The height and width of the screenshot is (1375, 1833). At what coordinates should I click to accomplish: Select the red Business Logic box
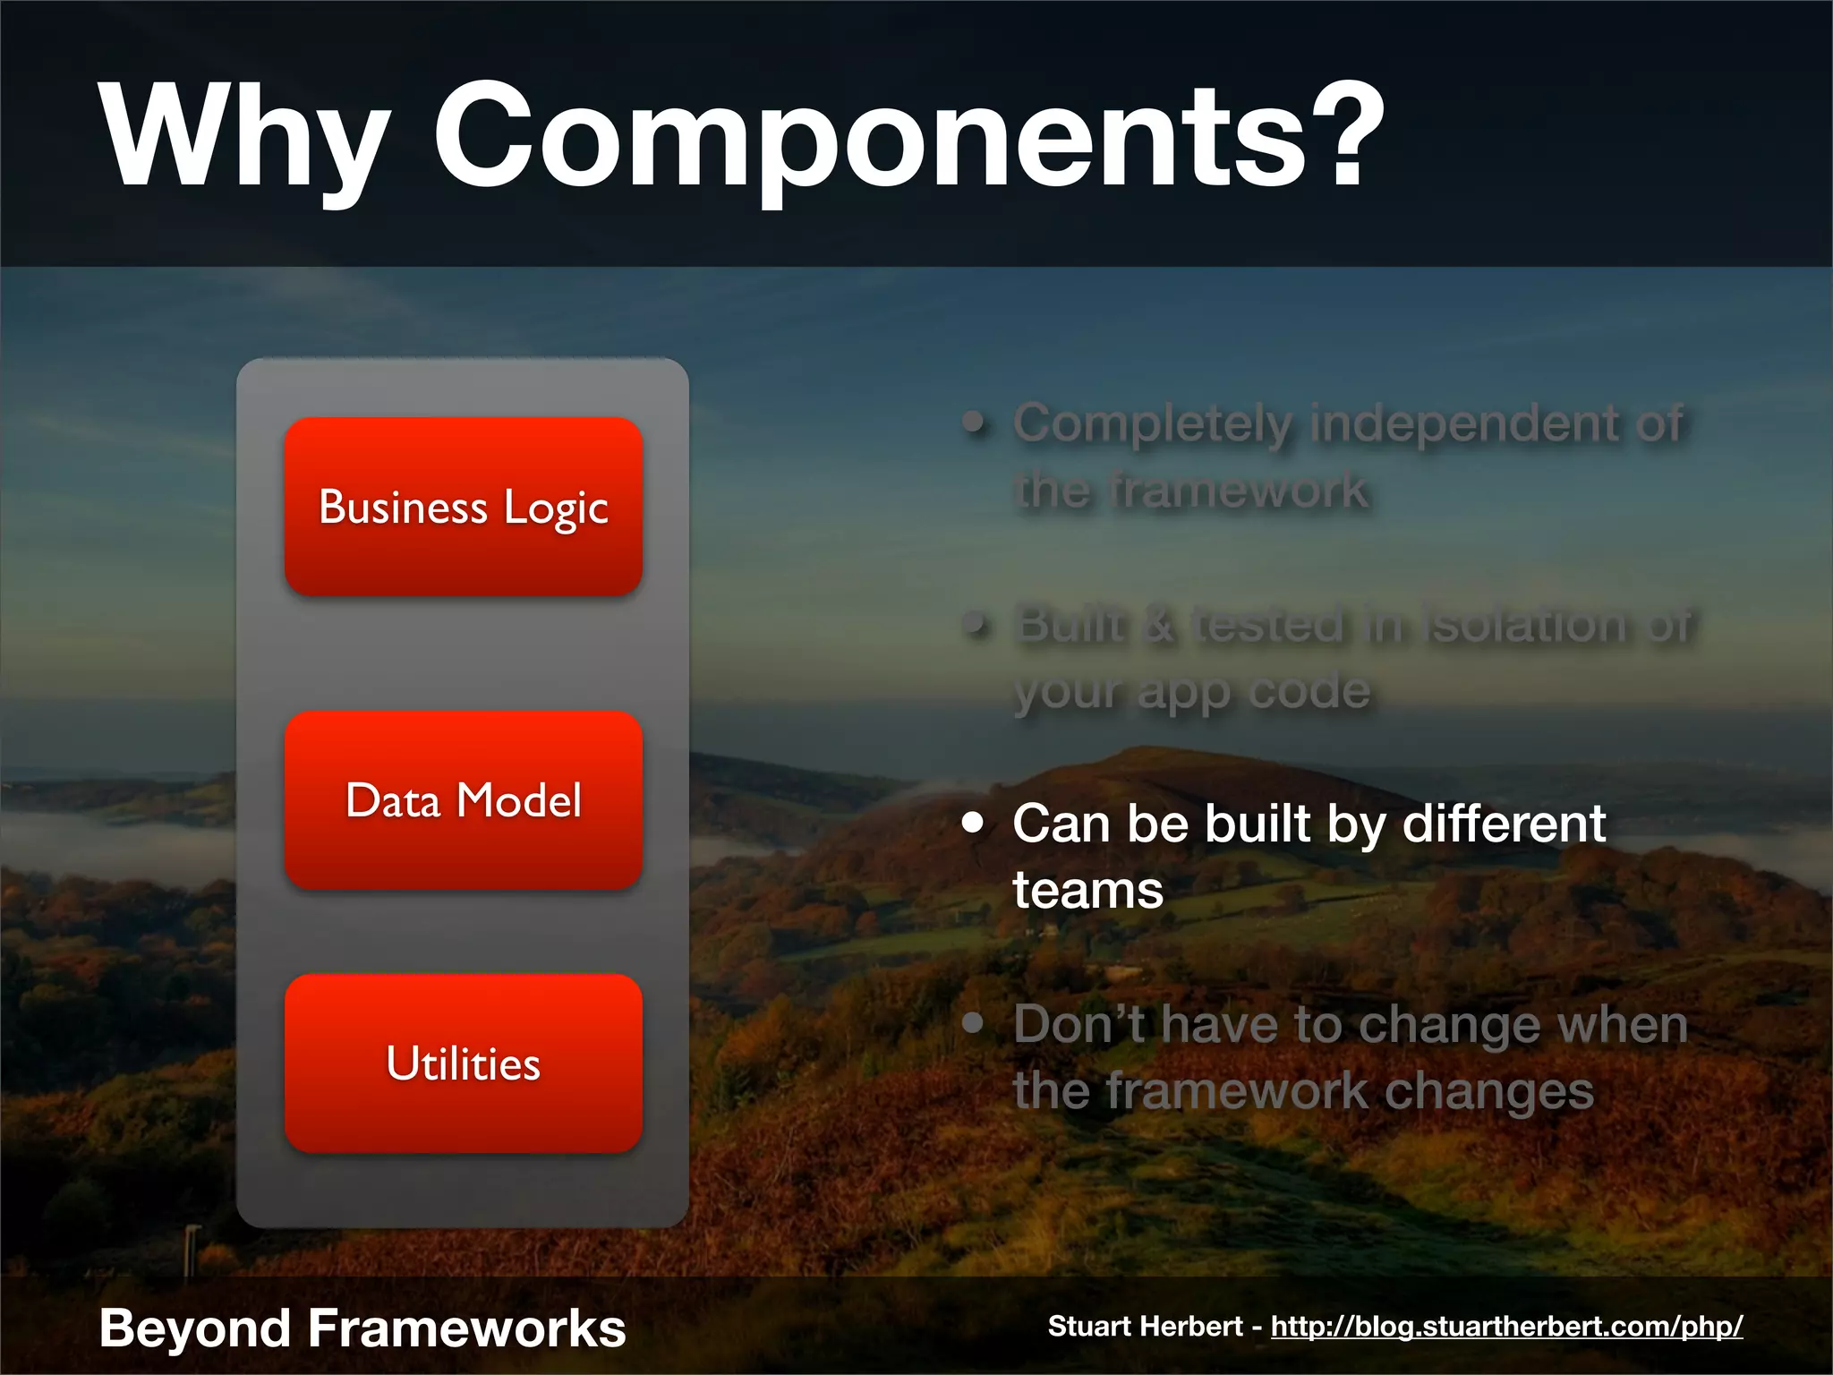(464, 507)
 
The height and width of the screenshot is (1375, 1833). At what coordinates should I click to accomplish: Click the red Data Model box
(464, 800)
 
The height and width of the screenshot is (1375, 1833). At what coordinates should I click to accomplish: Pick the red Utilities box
(464, 1063)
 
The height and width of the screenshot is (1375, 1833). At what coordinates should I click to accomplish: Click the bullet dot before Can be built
(973, 823)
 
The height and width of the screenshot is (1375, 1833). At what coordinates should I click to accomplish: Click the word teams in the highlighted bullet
(1087, 891)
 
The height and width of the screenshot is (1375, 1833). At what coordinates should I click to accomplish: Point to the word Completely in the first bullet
(1153, 423)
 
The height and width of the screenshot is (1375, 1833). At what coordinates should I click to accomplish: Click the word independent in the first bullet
(1464, 423)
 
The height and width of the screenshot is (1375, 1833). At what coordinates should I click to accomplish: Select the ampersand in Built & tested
(1160, 625)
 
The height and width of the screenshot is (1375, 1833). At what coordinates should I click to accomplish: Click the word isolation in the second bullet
(1525, 625)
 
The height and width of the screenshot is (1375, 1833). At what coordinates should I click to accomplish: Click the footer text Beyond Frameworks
(362, 1328)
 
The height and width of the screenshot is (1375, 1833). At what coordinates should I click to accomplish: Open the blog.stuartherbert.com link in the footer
(1506, 1326)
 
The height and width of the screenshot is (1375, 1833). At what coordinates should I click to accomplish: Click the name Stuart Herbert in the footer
(1145, 1326)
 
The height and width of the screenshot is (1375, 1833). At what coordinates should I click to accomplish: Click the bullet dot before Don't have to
(973, 1023)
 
